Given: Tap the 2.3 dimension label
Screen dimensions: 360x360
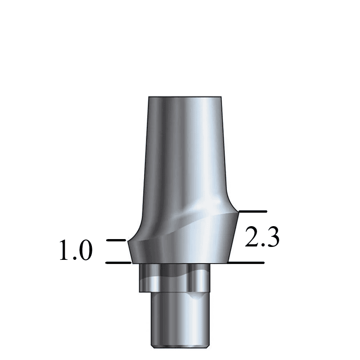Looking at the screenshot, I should click(x=262, y=237).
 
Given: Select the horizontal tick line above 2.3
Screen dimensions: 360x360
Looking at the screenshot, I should click(x=252, y=211).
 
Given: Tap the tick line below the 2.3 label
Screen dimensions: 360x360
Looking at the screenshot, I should click(x=247, y=263).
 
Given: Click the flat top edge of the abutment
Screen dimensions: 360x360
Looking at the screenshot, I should click(x=185, y=97).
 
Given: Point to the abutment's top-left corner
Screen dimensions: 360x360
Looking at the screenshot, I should click(x=148, y=98).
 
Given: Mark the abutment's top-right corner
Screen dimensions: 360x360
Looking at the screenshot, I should click(x=221, y=98).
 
